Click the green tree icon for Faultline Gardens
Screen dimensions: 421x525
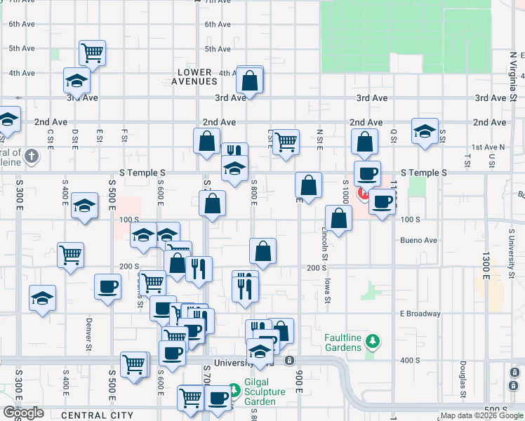tap(374, 342)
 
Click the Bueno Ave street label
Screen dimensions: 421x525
tap(418, 240)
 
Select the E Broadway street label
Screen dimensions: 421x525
tap(420, 314)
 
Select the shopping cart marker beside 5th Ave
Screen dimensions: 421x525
tap(92, 52)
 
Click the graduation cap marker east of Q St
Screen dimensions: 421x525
tap(425, 131)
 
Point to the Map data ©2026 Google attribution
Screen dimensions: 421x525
tap(481, 416)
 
